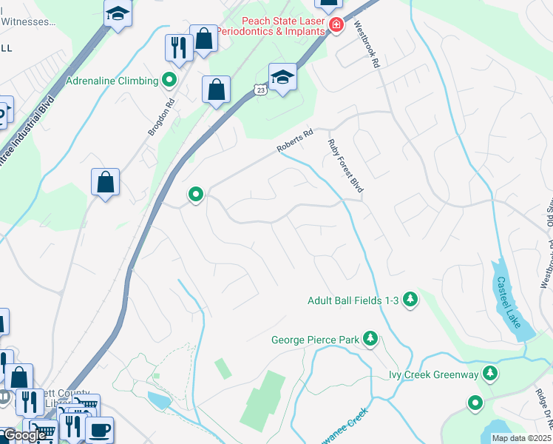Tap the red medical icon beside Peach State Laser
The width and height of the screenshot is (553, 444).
pyautogui.click(x=336, y=24)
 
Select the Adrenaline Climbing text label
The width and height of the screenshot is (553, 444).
pyautogui.click(x=112, y=81)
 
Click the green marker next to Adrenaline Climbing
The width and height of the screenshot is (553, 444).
pyautogui.click(x=169, y=80)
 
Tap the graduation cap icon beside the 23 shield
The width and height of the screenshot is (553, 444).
pyautogui.click(x=282, y=77)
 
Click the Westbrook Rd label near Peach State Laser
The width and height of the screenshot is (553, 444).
pyautogui.click(x=367, y=44)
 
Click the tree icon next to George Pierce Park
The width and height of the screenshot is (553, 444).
pyautogui.click(x=370, y=340)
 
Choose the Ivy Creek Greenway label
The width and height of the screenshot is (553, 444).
pyautogui.click(x=434, y=374)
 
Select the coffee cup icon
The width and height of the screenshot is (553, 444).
pyautogui.click(x=99, y=429)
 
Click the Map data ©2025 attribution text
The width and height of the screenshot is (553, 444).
pyautogui.click(x=520, y=438)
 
